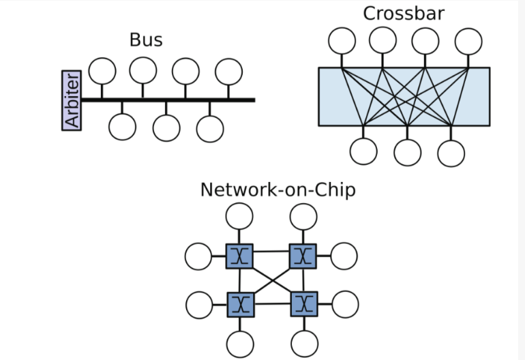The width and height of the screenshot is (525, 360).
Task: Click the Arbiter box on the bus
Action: click(72, 100)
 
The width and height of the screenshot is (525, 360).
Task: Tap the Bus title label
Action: click(146, 40)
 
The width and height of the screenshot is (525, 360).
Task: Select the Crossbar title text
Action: click(404, 13)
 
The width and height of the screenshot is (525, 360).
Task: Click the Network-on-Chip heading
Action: click(277, 190)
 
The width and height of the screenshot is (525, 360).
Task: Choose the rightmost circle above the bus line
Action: click(228, 72)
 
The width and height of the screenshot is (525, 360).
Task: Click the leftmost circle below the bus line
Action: click(123, 127)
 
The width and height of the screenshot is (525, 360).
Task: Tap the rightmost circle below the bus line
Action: click(210, 129)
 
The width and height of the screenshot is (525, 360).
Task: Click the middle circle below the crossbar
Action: click(408, 152)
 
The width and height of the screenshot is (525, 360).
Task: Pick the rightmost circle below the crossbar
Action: click(451, 153)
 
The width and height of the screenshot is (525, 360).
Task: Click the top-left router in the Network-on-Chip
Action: click(239, 256)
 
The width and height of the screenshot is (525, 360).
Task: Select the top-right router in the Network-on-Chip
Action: click(303, 256)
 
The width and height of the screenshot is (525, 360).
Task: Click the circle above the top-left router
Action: click(239, 216)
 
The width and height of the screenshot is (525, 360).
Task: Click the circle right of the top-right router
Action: click(344, 256)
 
